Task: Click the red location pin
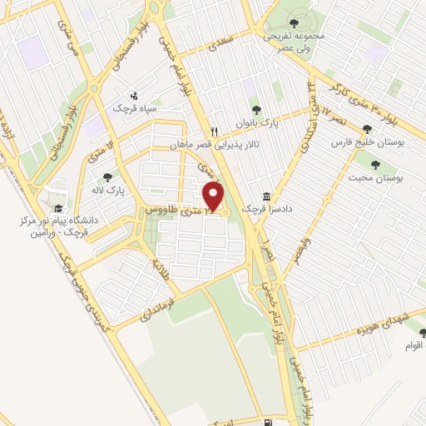(215, 196)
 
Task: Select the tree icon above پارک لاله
(108, 176)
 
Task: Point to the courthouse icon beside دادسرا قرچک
(266, 196)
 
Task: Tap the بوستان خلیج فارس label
(366, 143)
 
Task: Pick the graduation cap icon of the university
(57, 209)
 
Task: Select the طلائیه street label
(161, 269)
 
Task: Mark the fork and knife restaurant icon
(215, 131)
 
